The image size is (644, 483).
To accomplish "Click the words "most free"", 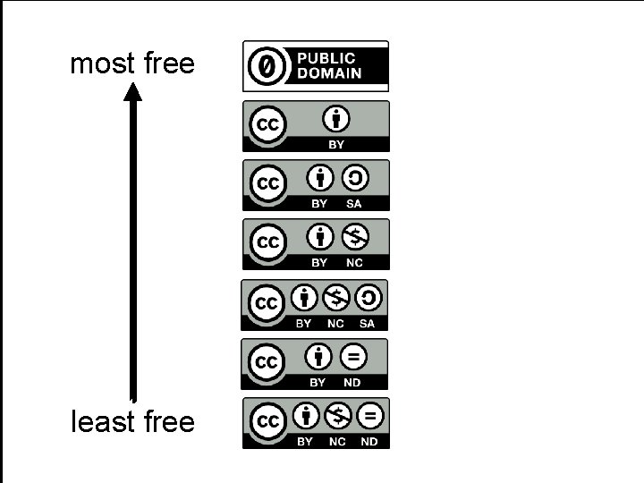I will click(x=131, y=64).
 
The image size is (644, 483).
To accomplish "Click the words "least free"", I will click(x=132, y=420).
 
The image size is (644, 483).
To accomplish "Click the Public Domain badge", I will click(x=316, y=66).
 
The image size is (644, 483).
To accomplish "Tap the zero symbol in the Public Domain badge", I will click(x=267, y=66).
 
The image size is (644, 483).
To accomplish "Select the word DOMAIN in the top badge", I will click(x=329, y=73).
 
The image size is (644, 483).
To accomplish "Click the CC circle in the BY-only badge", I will click(x=267, y=125).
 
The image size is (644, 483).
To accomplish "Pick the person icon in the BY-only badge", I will click(x=336, y=118).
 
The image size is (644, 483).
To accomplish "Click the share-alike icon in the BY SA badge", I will click(x=354, y=179).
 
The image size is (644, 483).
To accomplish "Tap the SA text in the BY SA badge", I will click(x=353, y=204).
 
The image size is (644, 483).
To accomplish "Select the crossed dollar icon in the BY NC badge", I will click(x=353, y=237).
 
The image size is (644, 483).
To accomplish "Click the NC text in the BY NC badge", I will click(x=354, y=263).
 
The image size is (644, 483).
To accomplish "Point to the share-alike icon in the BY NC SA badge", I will click(x=368, y=297).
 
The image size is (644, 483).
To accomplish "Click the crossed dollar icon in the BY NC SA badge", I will click(x=336, y=297).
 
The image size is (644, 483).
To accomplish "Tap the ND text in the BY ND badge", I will click(x=352, y=383).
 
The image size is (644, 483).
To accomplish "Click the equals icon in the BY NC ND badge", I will click(x=369, y=416).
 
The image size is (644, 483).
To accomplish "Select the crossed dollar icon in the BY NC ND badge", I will click(x=337, y=416).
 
